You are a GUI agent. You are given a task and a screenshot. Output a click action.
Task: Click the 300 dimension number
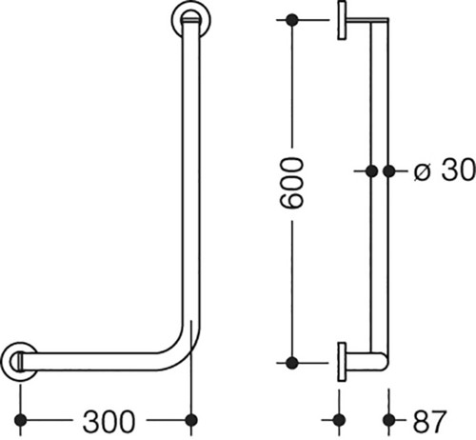[x=109, y=422]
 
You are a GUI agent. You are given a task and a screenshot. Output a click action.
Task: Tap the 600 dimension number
[x=292, y=184]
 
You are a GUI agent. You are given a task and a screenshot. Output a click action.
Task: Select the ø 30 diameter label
[x=445, y=170]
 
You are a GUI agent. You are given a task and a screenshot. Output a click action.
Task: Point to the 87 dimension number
[x=430, y=421]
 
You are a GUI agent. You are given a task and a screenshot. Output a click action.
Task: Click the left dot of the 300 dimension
[x=21, y=420]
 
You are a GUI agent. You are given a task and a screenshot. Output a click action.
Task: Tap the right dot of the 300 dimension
[x=191, y=420]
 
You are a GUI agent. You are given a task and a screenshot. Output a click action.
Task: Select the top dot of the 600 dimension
[x=292, y=20]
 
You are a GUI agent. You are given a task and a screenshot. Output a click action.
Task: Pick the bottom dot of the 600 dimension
[x=292, y=363]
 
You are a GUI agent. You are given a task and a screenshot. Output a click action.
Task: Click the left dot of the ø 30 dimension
[x=371, y=171]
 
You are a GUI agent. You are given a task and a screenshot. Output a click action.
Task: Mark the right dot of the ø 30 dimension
[x=389, y=171]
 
